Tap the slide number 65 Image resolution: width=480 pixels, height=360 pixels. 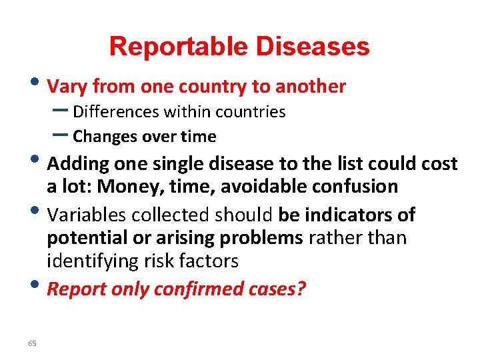coord(32,343)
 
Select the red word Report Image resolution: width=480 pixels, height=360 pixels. coord(78,289)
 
